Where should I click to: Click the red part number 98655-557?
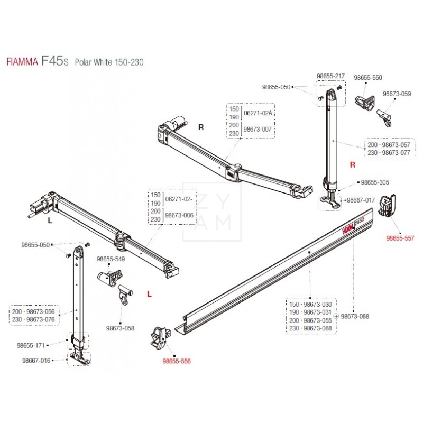[x=400, y=238]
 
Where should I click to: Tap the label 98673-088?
[x=355, y=317]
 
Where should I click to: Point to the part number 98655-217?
[x=330, y=76]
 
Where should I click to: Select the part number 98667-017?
[x=361, y=200]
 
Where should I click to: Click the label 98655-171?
[x=31, y=345]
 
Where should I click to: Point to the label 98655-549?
[x=111, y=260]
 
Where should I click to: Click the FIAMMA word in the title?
[x=21, y=62]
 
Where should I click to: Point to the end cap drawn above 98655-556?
[x=159, y=337]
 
